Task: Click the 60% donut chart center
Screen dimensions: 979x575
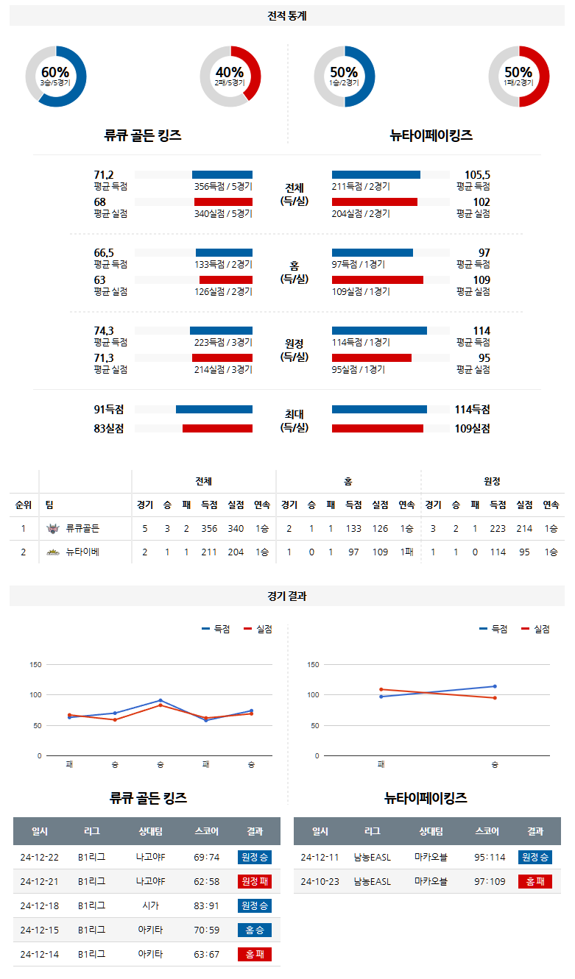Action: pos(55,76)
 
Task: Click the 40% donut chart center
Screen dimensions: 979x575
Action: pos(230,76)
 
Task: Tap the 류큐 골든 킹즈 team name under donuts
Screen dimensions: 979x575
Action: pos(143,135)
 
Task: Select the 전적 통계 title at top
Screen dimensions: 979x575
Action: pos(287,15)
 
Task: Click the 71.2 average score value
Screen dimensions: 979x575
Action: pos(104,174)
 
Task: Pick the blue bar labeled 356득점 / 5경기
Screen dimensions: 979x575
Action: pos(222,174)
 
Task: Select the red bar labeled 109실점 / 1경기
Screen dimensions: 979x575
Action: pos(377,280)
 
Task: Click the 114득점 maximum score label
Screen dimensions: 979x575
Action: pos(472,410)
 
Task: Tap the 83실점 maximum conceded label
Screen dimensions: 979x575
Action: pos(109,428)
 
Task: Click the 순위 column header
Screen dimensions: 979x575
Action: pos(24,505)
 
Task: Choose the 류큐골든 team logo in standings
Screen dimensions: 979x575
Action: pos(52,528)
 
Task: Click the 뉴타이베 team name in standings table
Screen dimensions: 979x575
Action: pos(82,552)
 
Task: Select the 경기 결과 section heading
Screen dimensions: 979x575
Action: pos(287,596)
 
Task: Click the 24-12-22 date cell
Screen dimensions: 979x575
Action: pos(40,857)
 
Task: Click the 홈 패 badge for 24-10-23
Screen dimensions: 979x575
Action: pos(535,881)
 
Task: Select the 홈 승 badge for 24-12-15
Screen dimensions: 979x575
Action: pos(254,930)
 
